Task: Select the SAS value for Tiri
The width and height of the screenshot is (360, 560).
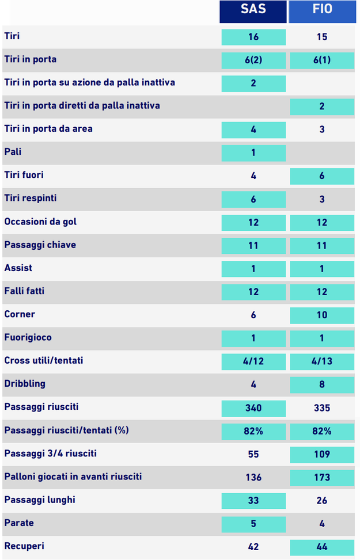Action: point(253,37)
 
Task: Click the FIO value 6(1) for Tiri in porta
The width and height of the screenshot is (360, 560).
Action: point(322,60)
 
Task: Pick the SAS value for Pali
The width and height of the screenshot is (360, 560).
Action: point(253,153)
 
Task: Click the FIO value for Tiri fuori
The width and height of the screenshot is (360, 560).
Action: point(322,176)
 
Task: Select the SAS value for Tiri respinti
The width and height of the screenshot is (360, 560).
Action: point(253,199)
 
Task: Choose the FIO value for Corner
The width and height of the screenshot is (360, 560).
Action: point(322,315)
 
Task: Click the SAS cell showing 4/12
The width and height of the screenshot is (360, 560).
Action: point(253,361)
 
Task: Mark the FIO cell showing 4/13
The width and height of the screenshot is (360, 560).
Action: point(322,361)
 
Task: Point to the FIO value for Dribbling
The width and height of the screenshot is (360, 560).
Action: point(322,384)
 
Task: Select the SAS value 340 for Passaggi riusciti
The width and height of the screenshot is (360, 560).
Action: point(253,407)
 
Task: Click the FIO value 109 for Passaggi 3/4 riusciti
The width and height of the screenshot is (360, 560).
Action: point(322,454)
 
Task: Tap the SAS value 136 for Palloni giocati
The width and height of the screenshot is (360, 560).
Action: point(253,477)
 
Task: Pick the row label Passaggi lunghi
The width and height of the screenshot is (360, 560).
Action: point(40,500)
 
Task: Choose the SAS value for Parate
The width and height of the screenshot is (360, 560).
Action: point(253,524)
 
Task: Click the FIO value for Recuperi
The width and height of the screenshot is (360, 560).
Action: point(322,547)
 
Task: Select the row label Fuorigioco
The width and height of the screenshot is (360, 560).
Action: point(28,337)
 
